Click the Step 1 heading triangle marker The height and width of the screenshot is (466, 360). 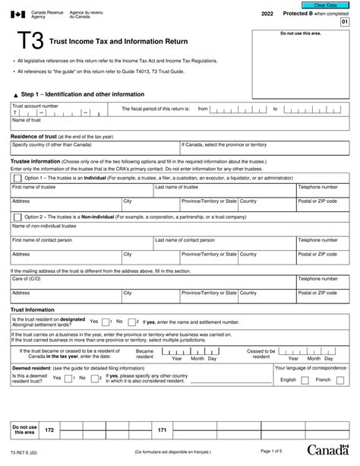14,94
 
